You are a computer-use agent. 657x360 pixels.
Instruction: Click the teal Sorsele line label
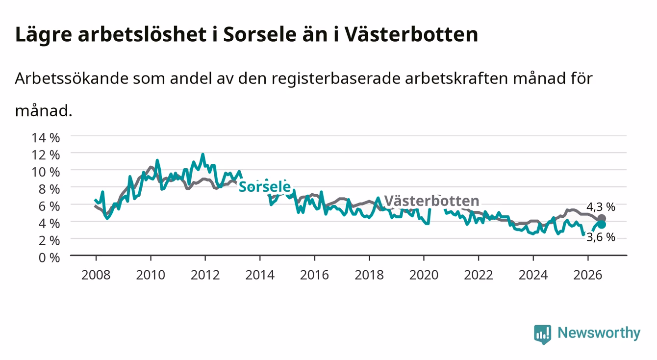tap(265, 186)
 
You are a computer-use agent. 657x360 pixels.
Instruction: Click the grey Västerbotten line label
tap(431, 201)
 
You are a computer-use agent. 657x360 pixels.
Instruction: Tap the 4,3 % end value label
tap(601, 207)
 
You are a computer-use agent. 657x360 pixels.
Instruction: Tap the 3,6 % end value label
tap(601, 237)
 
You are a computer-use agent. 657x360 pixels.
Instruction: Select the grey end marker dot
tap(602, 218)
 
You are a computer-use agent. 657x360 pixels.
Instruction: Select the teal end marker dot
tap(602, 225)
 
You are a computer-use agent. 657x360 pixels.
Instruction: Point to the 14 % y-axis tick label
tap(46, 138)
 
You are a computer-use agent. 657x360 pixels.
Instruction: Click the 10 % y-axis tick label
tap(46, 172)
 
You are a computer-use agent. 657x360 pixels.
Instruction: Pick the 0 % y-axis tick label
tap(49, 257)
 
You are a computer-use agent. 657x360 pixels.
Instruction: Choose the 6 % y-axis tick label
tap(49, 206)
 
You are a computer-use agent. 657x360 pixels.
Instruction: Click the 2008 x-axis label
tap(96, 275)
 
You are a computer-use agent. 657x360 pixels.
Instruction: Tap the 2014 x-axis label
tap(260, 275)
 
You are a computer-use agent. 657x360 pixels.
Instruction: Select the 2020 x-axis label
tap(424, 275)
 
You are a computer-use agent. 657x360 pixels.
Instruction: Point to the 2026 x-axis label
tap(588, 275)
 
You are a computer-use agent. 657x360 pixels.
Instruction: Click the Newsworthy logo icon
tap(543, 334)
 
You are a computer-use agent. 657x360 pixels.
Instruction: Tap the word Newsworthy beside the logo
tap(599, 333)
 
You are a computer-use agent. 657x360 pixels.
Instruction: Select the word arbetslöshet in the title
tap(142, 34)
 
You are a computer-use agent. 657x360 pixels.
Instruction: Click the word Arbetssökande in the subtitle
tap(72, 78)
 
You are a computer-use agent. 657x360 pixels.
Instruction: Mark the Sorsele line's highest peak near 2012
tap(202, 154)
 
